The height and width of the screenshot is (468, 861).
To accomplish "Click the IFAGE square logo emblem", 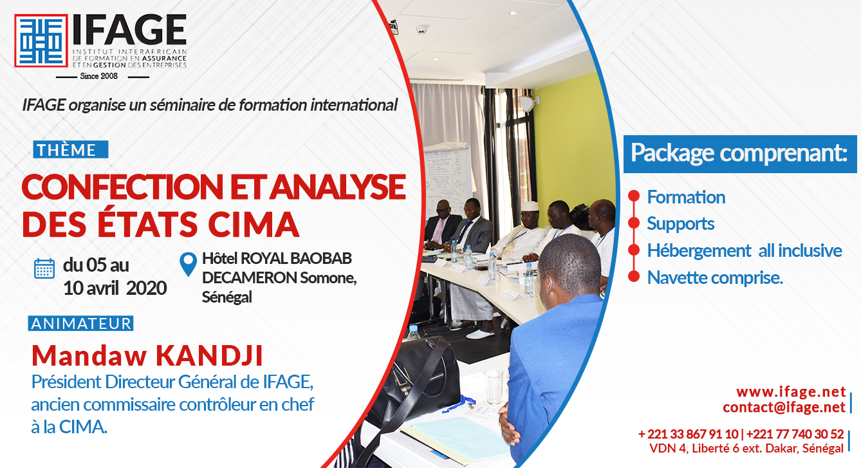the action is (41, 41).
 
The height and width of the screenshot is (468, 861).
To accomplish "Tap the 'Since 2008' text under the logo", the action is (99, 76).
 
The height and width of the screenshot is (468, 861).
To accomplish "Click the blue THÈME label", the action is (71, 149).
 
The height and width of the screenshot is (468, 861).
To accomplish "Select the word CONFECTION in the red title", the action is (122, 187).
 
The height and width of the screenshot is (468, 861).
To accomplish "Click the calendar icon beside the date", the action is (44, 268).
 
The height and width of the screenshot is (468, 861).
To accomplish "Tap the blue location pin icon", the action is (188, 264).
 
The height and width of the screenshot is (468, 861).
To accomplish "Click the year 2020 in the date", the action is (146, 288).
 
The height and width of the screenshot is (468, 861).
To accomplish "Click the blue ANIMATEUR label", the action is (80, 323).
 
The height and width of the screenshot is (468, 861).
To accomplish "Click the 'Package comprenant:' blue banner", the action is (740, 154).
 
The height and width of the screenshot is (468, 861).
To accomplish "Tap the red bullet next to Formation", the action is (633, 196).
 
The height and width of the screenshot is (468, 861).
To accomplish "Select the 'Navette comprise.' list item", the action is (715, 277).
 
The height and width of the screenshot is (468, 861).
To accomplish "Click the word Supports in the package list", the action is (680, 224).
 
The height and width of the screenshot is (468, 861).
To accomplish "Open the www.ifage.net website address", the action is (791, 391).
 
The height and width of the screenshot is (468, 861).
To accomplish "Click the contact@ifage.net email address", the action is (784, 407).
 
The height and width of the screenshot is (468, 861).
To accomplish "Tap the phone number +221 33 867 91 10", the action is (689, 434).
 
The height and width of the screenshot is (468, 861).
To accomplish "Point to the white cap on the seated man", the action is (530, 206).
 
